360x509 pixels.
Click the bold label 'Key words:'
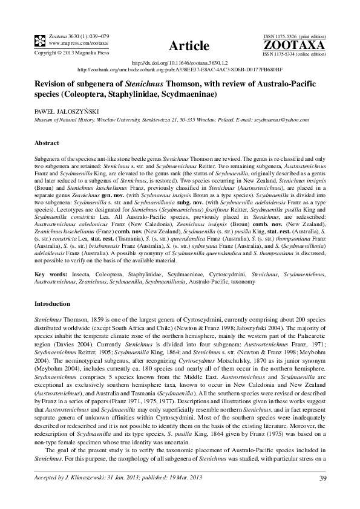(x=50, y=274)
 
